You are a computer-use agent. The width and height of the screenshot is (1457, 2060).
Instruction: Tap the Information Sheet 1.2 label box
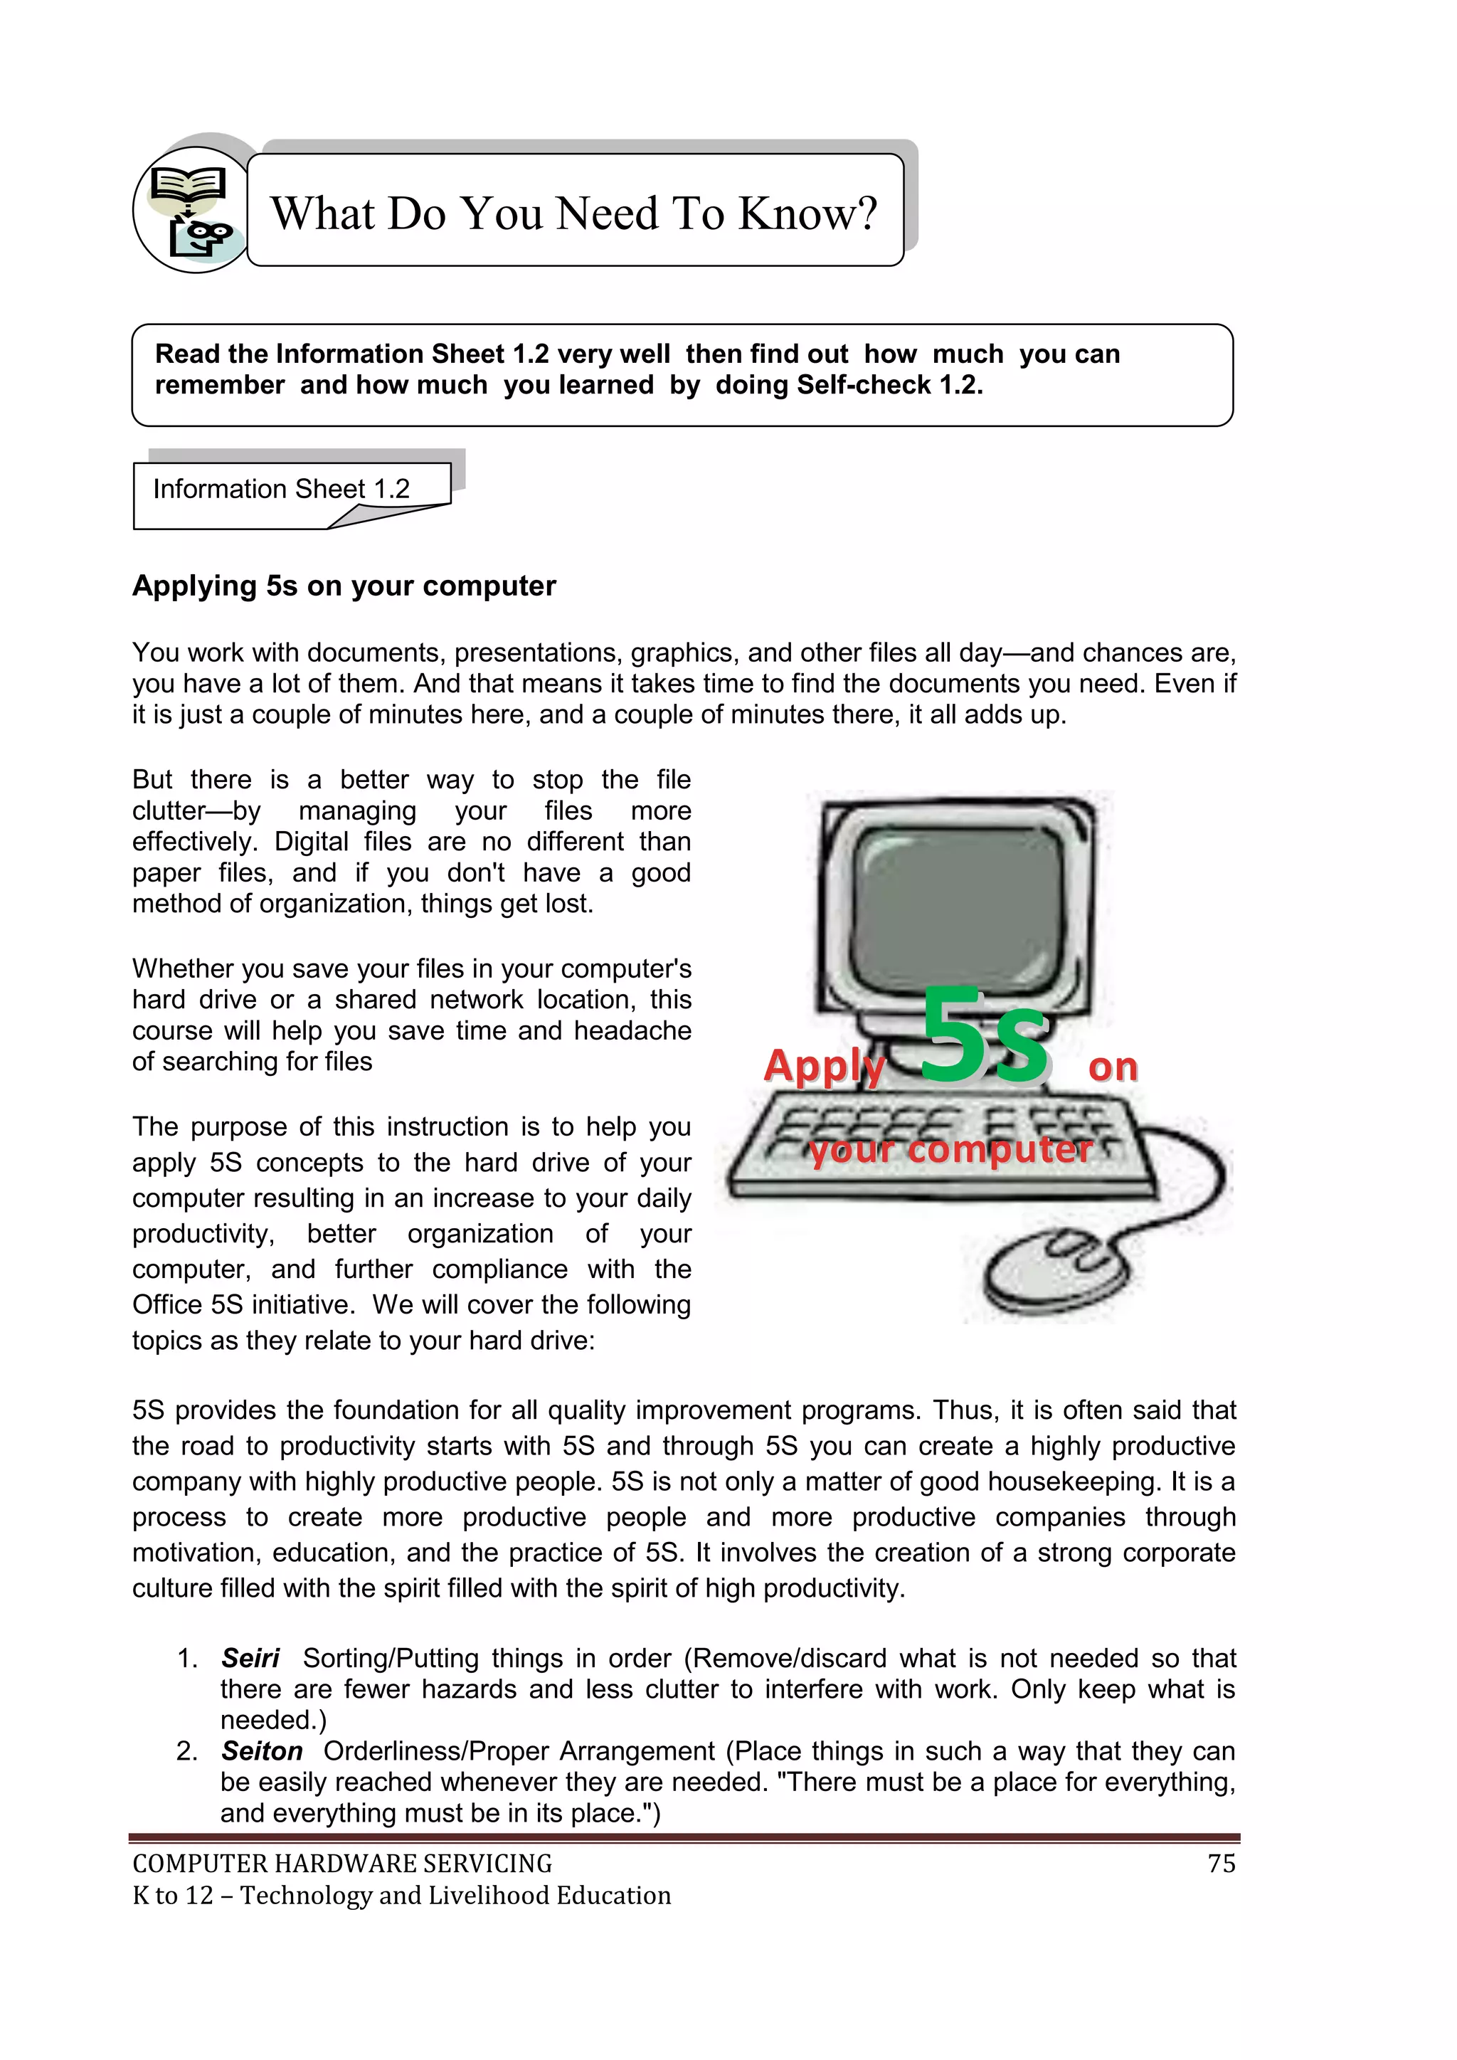[281, 489]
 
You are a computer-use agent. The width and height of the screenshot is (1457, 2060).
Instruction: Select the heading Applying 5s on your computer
[344, 586]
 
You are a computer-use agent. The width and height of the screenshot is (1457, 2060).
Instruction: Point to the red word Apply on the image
[824, 1066]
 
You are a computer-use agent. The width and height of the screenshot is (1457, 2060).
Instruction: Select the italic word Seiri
[250, 1658]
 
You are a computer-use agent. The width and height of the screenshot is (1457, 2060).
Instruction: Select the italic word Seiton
[262, 1750]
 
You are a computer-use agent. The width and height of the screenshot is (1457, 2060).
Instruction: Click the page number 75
[1221, 1864]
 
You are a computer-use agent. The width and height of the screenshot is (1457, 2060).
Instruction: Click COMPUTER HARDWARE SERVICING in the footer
[341, 1864]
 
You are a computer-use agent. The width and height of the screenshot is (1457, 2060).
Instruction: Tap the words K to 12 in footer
[172, 1896]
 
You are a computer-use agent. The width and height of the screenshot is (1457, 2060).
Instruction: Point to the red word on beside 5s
[1113, 1067]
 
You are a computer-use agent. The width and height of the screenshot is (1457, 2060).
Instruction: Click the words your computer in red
[951, 1149]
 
